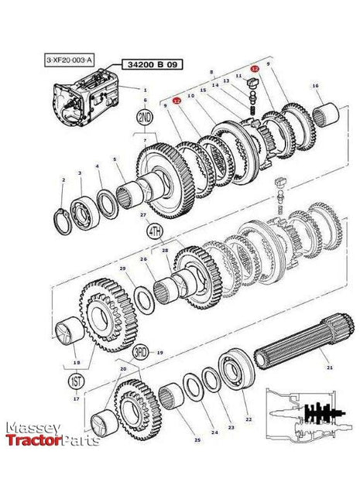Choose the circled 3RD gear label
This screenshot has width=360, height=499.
click(x=141, y=351)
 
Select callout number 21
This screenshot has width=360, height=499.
click(x=328, y=367)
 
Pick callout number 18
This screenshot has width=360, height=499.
click(x=75, y=362)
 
